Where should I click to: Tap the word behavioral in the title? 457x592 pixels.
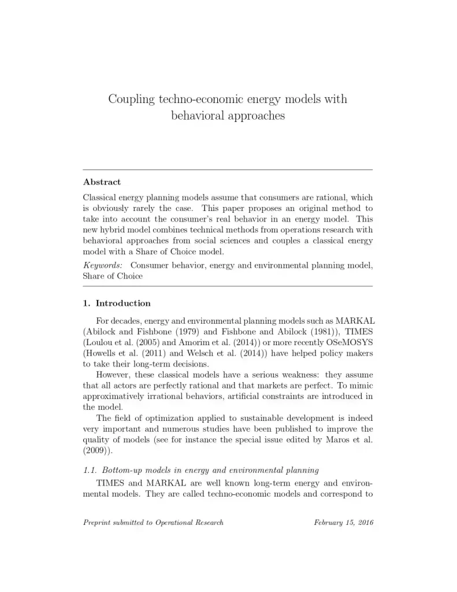197,116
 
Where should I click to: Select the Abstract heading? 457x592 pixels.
102,182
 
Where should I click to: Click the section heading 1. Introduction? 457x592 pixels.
117,303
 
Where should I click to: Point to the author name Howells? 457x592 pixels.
103,353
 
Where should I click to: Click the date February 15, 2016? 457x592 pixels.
344,523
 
